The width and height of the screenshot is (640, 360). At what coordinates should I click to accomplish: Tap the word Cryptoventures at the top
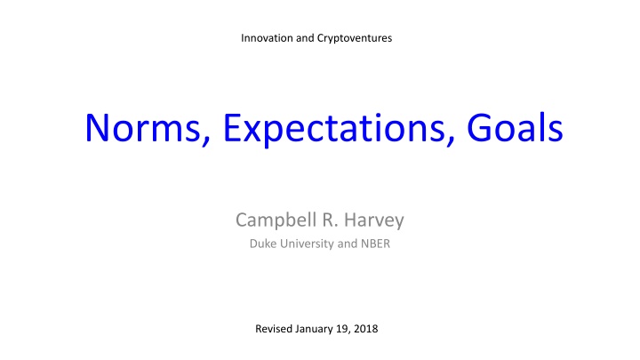[355, 39]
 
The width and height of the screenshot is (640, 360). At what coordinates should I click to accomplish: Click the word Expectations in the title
[334, 129]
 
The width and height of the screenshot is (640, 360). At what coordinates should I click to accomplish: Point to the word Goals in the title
[515, 127]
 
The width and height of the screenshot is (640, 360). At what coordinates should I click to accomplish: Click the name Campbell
[276, 220]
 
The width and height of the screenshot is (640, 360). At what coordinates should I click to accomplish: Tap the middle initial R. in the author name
[330, 220]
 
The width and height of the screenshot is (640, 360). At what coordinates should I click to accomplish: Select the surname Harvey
[374, 220]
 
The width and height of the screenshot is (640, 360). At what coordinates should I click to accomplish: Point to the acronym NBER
[375, 244]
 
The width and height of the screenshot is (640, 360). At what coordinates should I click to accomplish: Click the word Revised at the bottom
[274, 329]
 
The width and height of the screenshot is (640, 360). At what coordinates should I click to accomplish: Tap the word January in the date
[315, 330]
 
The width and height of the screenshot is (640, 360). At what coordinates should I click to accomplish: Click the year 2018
[365, 329]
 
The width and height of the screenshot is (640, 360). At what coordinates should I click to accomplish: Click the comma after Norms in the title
[205, 140]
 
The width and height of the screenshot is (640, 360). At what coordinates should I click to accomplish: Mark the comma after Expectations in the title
[450, 140]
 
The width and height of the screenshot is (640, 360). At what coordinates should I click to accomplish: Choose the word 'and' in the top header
[305, 38]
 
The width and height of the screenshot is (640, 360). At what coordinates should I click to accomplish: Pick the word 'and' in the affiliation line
[348, 244]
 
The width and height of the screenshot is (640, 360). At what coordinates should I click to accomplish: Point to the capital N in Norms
[96, 128]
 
